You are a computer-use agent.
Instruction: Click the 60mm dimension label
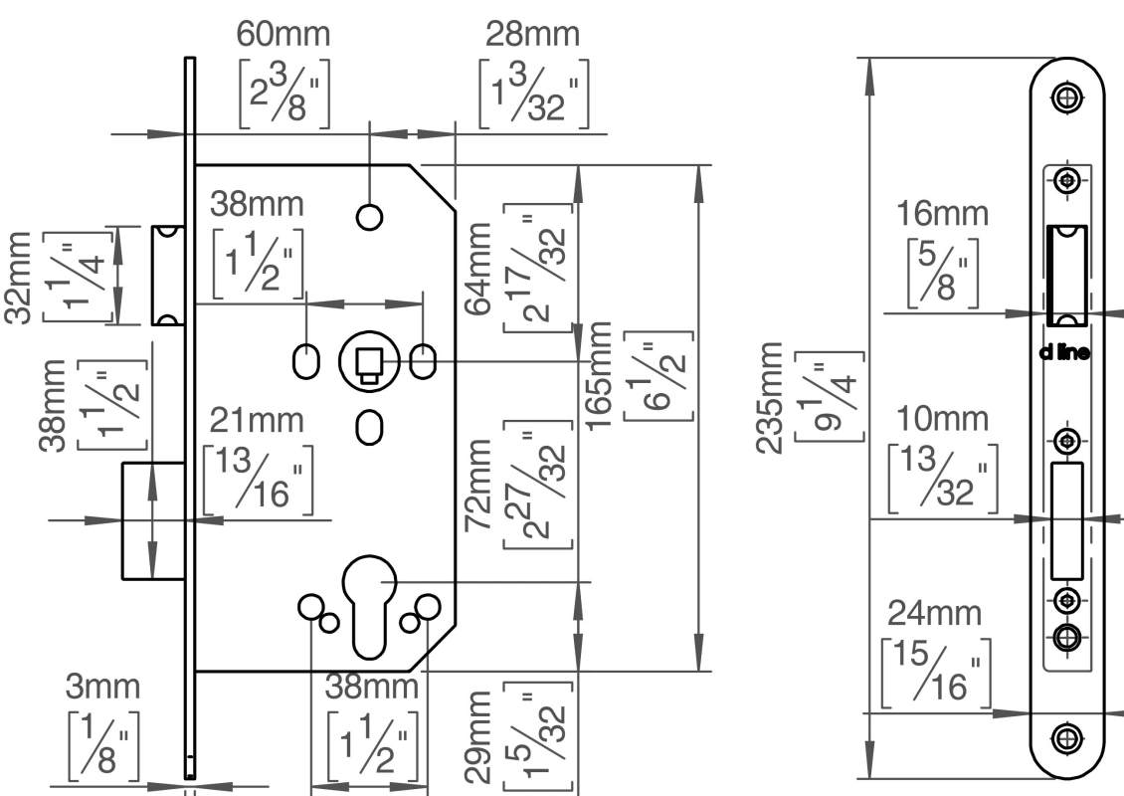coord(282,33)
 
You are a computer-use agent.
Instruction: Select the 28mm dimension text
coord(532,33)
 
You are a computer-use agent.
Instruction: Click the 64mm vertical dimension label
coord(480,270)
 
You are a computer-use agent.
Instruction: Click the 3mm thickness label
coord(103,687)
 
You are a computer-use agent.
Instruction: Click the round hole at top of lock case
coord(369,216)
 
